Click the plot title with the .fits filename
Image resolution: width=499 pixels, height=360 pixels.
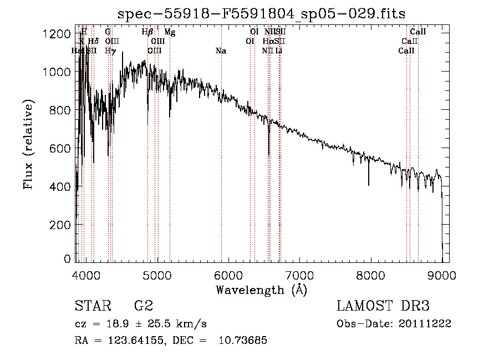point(261,13)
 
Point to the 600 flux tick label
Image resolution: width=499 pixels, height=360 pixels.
point(59,149)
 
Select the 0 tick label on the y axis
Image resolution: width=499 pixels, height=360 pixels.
point(67,259)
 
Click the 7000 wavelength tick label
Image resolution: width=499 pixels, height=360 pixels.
point(299,275)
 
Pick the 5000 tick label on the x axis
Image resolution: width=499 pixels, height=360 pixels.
point(158,275)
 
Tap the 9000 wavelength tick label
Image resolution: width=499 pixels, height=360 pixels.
point(442,275)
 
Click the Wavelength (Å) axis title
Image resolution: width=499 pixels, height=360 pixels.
point(261,290)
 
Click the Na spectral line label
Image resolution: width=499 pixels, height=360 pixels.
point(221,51)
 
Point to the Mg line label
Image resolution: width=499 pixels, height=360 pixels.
point(170,32)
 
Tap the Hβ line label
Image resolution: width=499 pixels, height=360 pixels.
point(147,32)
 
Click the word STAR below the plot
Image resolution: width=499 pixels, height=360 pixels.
point(91,306)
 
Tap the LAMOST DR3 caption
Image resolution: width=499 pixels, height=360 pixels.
point(383,306)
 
